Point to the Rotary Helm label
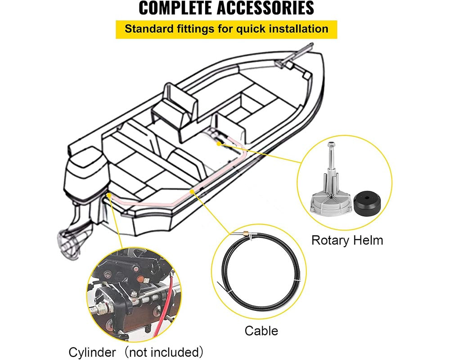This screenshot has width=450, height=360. [347, 240]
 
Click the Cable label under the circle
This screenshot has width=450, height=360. [261, 331]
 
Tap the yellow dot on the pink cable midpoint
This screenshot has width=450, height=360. [193, 192]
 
